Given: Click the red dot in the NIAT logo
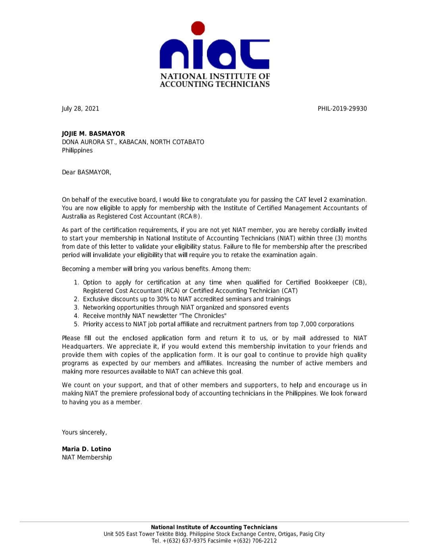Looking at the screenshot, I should (198, 28).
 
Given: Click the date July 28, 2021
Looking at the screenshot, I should (80, 109).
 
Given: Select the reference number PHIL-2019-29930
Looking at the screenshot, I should (342, 109).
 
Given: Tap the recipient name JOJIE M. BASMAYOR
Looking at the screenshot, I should (93, 134).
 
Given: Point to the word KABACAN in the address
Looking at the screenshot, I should (133, 142).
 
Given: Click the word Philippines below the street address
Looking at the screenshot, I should (77, 150).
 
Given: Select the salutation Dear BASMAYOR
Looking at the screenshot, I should (86, 172).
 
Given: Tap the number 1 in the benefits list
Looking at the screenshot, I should (76, 282).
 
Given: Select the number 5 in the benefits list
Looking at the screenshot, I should (76, 324).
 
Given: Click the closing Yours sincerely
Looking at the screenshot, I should (84, 432).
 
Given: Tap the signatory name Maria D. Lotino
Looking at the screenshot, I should (86, 449).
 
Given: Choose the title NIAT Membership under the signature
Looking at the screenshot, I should (87, 457).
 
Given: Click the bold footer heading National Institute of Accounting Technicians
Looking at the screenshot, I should (214, 527).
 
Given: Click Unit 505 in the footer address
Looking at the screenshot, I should (114, 534).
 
